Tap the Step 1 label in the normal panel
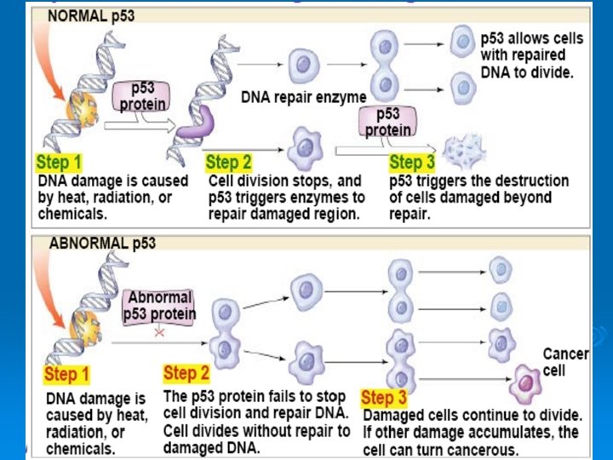click(x=59, y=161)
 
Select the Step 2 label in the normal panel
click(x=229, y=161)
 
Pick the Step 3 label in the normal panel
click(x=412, y=161)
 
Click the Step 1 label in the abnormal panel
click(x=66, y=374)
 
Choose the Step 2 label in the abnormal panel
click(x=186, y=373)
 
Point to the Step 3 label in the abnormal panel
click(x=384, y=397)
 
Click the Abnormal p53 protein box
click(x=159, y=307)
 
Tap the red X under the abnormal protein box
click(x=159, y=334)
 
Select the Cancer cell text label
click(x=565, y=361)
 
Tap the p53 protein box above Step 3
click(x=387, y=123)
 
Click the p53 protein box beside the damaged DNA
click(x=136, y=97)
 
